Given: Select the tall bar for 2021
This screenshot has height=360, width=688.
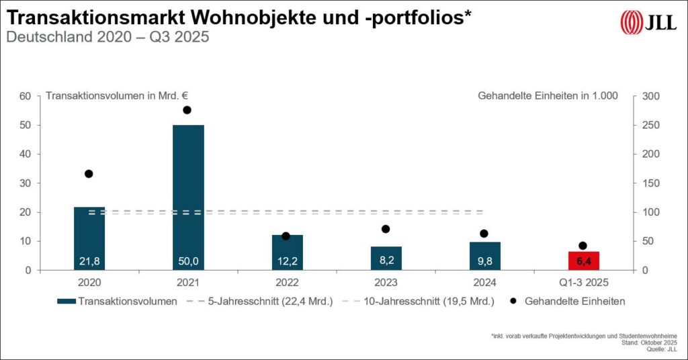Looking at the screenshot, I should pyautogui.click(x=188, y=197).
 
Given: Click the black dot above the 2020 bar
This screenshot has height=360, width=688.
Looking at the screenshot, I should pyautogui.click(x=89, y=174).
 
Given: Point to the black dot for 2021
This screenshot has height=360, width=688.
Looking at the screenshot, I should pyautogui.click(x=187, y=110).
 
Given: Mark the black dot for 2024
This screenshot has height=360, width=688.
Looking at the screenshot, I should pyautogui.click(x=484, y=234).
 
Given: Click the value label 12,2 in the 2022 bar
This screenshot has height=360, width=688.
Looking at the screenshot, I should pyautogui.click(x=287, y=261).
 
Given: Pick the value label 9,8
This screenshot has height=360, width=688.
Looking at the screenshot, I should pyautogui.click(x=484, y=261).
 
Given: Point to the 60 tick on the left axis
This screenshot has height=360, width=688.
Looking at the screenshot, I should pyautogui.click(x=26, y=96).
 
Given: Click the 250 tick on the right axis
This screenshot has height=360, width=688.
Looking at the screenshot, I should pyautogui.click(x=652, y=126).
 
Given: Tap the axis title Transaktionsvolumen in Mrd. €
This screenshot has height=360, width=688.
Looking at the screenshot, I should pyautogui.click(x=107, y=96).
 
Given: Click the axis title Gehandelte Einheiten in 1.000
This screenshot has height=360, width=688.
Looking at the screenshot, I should pyautogui.click(x=548, y=96).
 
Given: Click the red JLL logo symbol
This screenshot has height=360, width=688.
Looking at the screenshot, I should pyautogui.click(x=631, y=22).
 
